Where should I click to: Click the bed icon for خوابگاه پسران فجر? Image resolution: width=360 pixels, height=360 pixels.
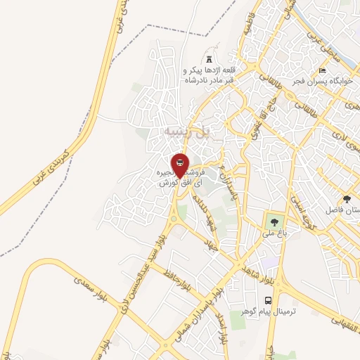click(323, 71)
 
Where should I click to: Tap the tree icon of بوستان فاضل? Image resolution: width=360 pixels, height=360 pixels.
click(346, 199)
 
